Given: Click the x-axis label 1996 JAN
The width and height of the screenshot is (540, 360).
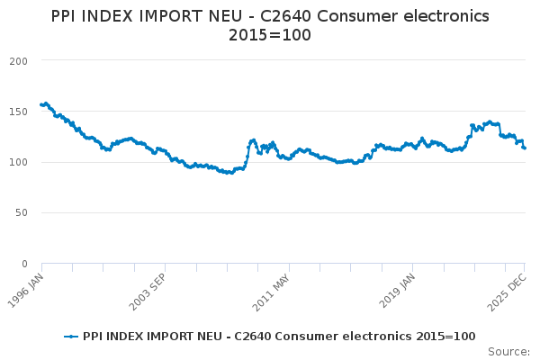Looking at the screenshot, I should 27,286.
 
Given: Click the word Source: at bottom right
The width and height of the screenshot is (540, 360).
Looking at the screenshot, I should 508,351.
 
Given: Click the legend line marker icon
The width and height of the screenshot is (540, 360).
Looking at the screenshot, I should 71,337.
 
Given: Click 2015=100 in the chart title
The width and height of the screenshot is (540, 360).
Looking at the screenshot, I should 270,37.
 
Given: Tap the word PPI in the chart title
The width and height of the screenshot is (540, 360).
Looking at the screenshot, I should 66,16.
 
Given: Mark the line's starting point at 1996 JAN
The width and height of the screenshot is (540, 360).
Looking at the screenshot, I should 41,104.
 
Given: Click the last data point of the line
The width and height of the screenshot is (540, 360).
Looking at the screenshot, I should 525,148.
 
